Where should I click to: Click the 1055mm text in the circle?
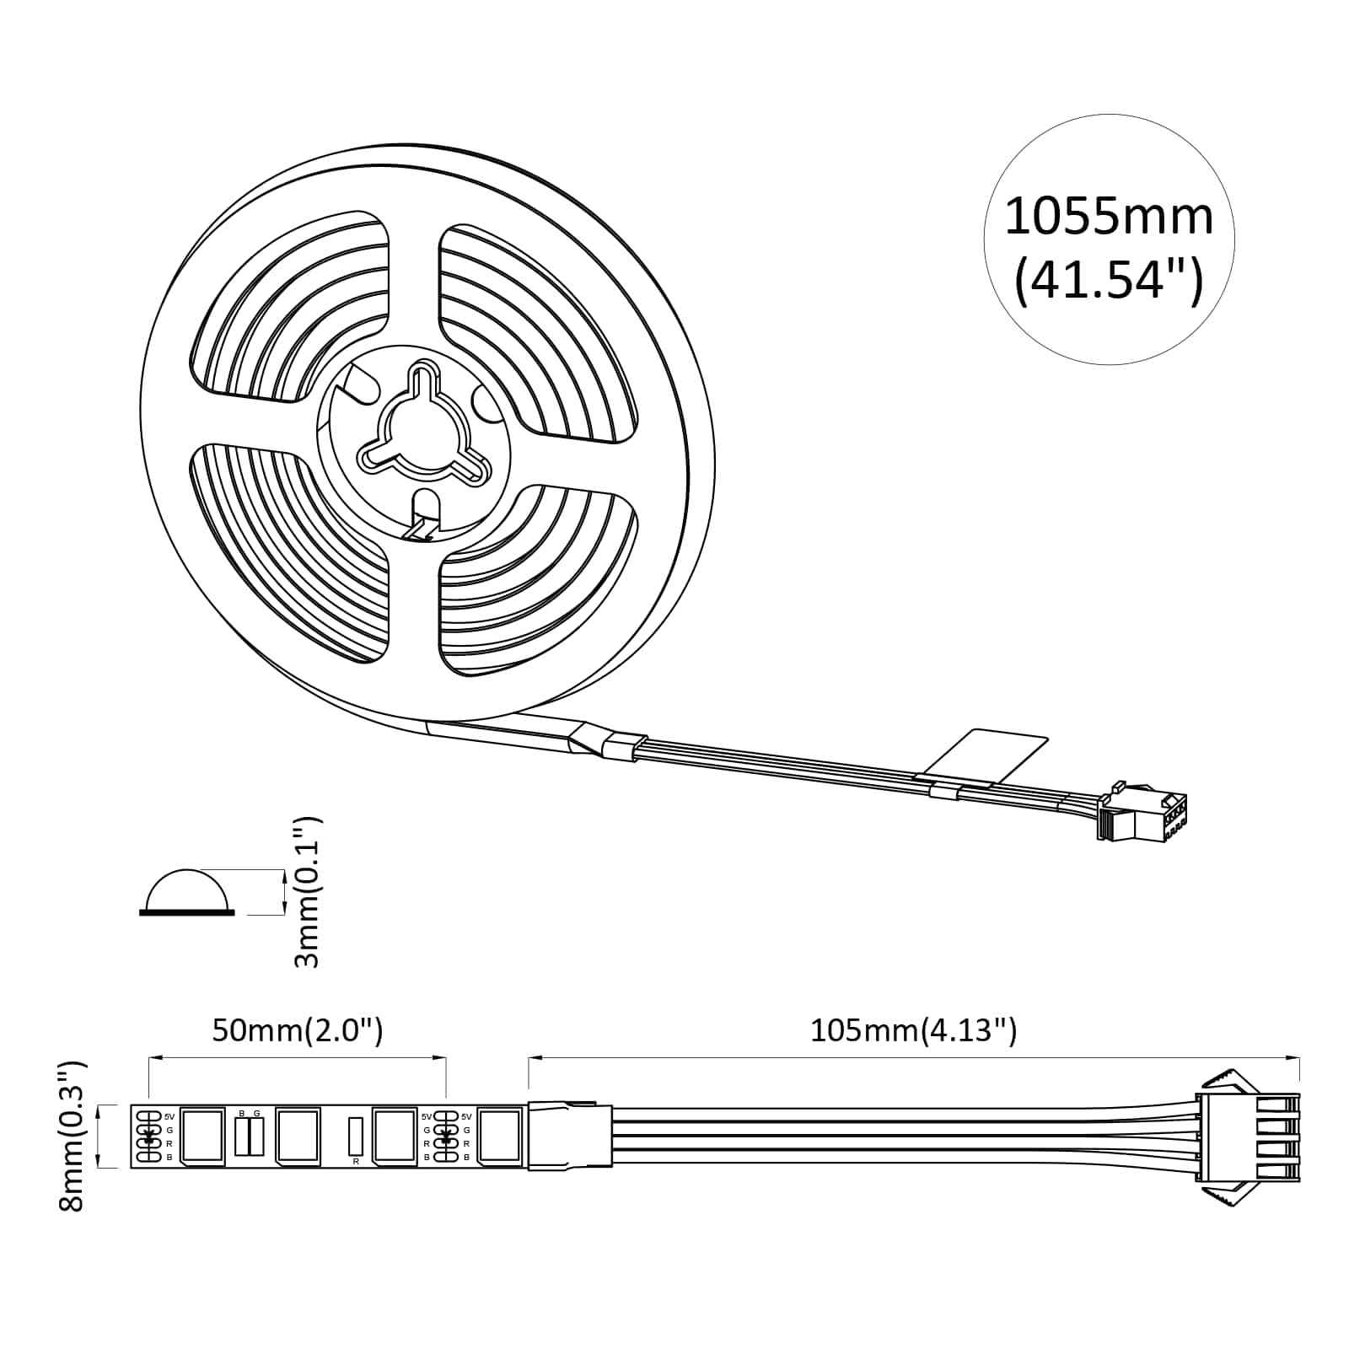(1109, 217)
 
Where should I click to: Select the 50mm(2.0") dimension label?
(298, 1030)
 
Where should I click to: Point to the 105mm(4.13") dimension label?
(913, 1030)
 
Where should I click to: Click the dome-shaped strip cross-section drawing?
(187, 892)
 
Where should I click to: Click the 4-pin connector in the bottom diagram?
(1248, 1136)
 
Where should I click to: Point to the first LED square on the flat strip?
(202, 1136)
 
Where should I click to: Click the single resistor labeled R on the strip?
(355, 1136)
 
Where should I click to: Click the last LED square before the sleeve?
(500, 1136)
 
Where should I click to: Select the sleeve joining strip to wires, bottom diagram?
(570, 1136)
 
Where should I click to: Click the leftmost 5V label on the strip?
(169, 1116)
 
